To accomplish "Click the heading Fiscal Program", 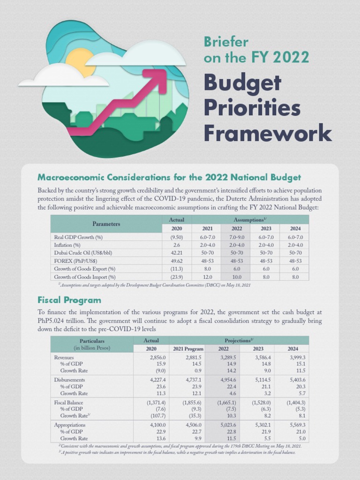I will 69,300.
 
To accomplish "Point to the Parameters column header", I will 106,224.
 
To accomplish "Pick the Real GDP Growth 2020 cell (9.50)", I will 176,237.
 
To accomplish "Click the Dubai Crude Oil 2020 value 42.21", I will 176,253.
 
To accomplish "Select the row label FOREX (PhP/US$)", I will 76,261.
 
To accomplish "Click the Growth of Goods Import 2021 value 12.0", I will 207,277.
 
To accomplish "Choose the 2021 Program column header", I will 188,348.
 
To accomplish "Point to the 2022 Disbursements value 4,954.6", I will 226,380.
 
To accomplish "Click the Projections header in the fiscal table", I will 239,340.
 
